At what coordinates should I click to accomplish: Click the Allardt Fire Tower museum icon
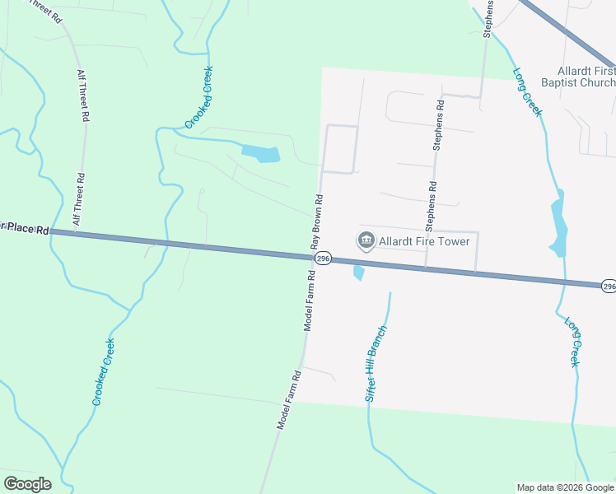(366, 240)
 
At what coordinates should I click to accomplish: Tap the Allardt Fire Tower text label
(423, 241)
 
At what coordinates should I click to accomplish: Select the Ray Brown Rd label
(316, 221)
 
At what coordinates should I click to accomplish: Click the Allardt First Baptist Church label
(586, 77)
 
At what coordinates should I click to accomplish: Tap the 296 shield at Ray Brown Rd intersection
(323, 258)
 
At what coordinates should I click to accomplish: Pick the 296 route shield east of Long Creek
(608, 286)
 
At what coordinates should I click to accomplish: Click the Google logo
(27, 484)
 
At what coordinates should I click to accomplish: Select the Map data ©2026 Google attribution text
(565, 487)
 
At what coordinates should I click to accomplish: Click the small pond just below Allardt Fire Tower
(358, 272)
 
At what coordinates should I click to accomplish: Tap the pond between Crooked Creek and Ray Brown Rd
(261, 153)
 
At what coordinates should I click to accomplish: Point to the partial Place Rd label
(24, 228)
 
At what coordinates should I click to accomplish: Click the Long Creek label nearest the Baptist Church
(527, 91)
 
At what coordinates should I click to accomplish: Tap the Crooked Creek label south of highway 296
(103, 372)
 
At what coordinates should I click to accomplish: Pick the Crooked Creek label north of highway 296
(198, 97)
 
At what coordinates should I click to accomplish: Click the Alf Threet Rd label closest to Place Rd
(79, 198)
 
